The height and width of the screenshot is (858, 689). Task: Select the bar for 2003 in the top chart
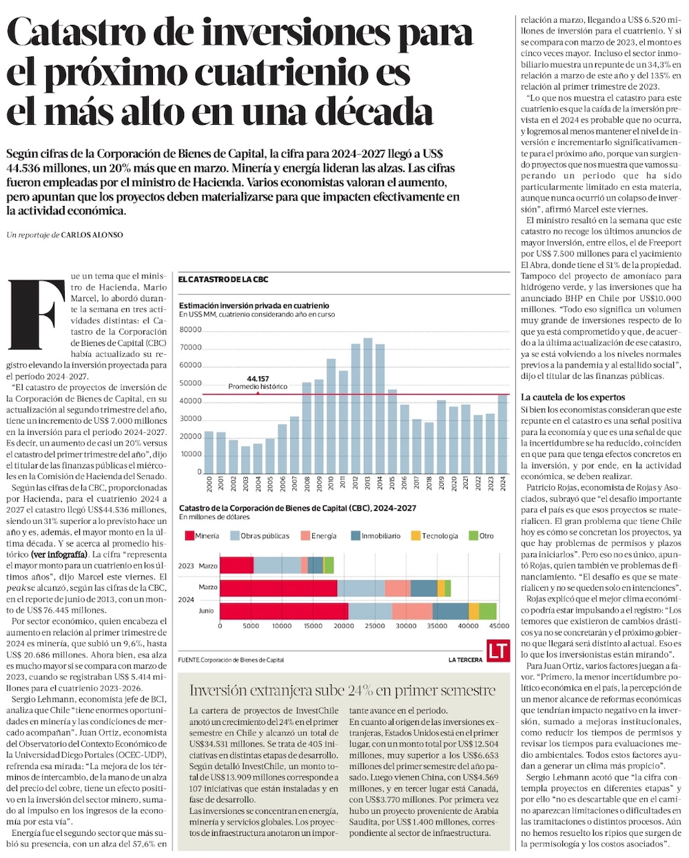click(x=245, y=459)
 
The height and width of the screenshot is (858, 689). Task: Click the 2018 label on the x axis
click(x=429, y=484)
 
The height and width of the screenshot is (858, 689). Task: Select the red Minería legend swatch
click(x=189, y=535)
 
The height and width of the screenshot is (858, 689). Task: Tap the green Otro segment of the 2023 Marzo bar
click(x=329, y=566)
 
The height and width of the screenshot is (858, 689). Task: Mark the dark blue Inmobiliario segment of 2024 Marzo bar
click(x=424, y=588)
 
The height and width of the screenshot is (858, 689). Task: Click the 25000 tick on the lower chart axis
click(x=375, y=626)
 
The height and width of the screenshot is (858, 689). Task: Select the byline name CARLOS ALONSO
click(x=92, y=235)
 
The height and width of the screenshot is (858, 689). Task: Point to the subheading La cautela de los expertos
click(x=573, y=397)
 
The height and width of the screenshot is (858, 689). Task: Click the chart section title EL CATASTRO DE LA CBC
click(x=223, y=279)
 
